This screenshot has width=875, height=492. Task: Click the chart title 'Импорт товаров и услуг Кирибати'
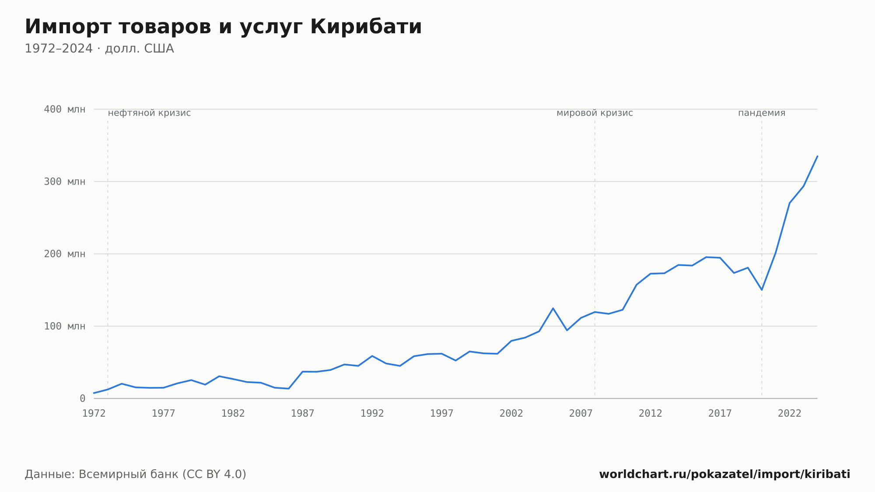tap(223, 27)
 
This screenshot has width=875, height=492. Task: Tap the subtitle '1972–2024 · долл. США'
tap(99, 49)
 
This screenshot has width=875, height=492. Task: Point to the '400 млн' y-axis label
tap(65, 109)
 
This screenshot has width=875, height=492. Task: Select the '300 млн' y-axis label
tap(65, 182)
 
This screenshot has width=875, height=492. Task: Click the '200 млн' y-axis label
tap(65, 254)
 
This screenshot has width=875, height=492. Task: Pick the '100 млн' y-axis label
tap(65, 326)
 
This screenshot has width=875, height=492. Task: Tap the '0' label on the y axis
tap(83, 398)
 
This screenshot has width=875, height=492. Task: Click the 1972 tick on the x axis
tap(94, 413)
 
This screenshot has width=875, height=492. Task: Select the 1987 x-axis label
tap(303, 413)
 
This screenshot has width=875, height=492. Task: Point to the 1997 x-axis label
tap(442, 413)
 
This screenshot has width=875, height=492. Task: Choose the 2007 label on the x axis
tap(581, 413)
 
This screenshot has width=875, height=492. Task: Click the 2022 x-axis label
tap(790, 413)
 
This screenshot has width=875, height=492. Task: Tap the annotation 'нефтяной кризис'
tap(149, 113)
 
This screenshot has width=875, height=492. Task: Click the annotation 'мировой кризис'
tap(595, 113)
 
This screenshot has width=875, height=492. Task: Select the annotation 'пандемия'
tap(762, 113)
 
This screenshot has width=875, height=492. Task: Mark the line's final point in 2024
tap(817, 156)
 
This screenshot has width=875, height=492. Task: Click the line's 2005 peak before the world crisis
tap(553, 308)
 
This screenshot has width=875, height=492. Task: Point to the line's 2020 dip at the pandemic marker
tap(762, 290)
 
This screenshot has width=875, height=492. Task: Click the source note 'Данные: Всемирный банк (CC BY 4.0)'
tap(136, 474)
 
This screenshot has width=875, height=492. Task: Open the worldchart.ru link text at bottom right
tap(724, 474)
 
